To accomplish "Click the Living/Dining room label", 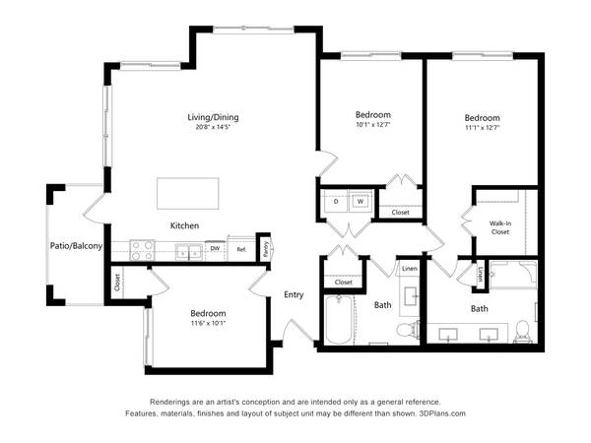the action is click(x=213, y=117).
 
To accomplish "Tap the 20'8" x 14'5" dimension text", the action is click(x=213, y=127).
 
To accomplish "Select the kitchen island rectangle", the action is click(x=188, y=194).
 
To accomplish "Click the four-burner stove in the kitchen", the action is click(x=142, y=250).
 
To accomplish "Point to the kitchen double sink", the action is click(x=189, y=252).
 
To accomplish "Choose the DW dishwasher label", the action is click(x=215, y=249).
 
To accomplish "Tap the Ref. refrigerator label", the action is click(x=241, y=249).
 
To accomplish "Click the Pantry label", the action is click(x=265, y=250).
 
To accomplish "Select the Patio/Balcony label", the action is click(x=76, y=246).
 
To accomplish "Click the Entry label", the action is click(x=294, y=294).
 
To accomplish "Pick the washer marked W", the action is click(x=361, y=202).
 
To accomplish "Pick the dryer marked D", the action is click(x=336, y=202).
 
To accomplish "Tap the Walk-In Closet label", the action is click(x=500, y=227).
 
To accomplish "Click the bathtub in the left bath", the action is click(x=339, y=319).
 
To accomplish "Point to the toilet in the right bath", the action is click(x=523, y=332).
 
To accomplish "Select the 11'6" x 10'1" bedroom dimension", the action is click(x=208, y=323).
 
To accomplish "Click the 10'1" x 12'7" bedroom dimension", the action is click(x=372, y=125).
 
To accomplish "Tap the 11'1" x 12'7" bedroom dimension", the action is click(x=482, y=128).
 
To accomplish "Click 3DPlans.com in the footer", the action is click(x=442, y=413).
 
